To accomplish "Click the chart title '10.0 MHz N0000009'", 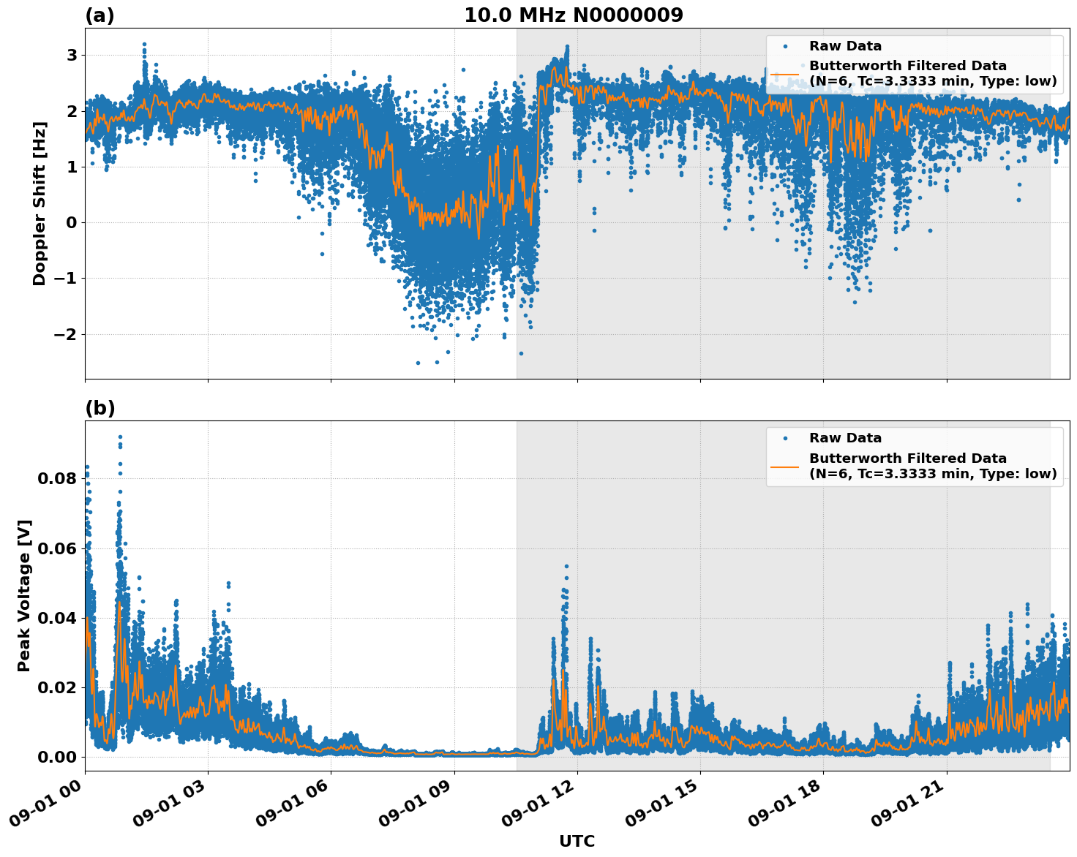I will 573,15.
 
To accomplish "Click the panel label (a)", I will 100,15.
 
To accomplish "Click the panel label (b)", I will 100,408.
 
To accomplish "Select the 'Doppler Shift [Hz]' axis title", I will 40,203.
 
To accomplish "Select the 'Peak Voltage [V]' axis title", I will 24,595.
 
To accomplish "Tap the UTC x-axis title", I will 577,841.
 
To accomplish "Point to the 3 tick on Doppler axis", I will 72,56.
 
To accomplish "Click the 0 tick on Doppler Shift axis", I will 72,222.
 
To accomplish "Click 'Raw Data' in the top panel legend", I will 845,46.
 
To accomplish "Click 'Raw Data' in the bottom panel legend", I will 845,438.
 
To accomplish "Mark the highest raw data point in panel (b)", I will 120,437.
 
